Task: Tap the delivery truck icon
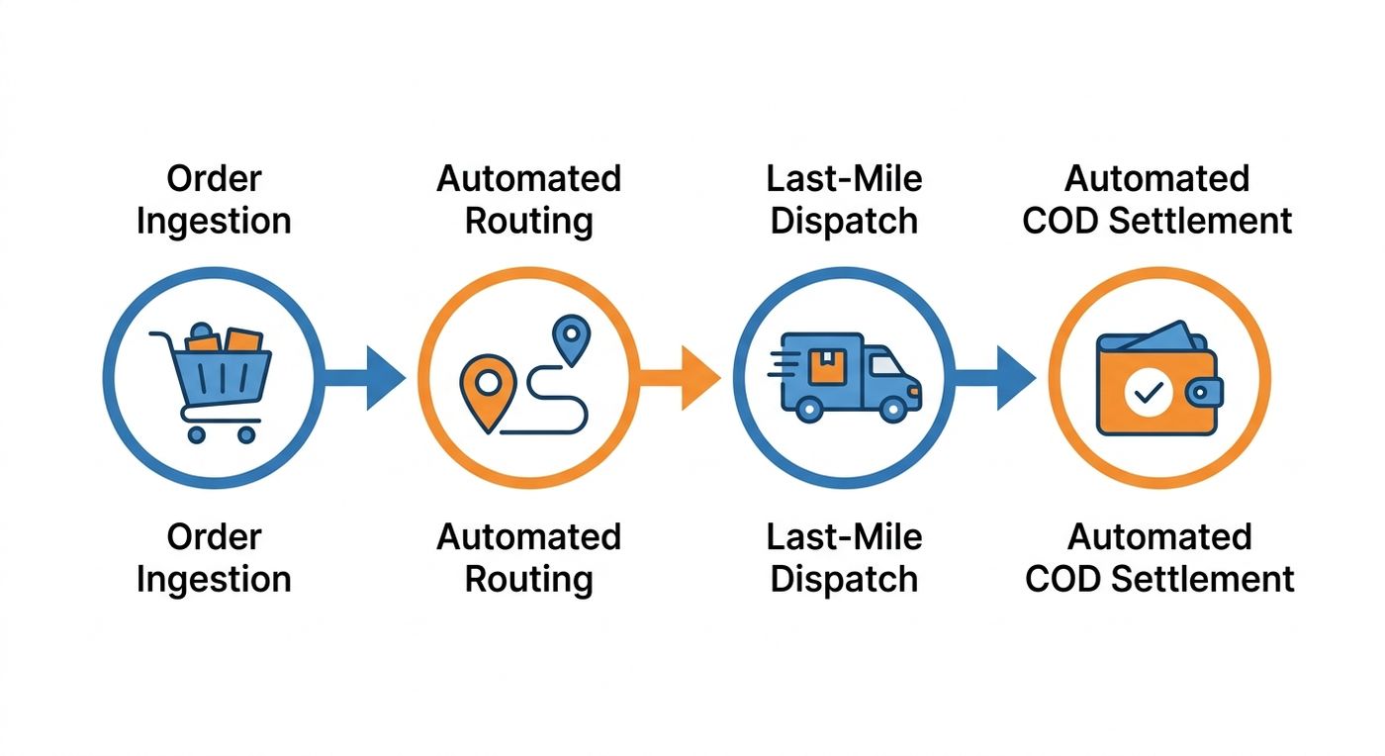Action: point(845,377)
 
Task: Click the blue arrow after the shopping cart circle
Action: point(364,378)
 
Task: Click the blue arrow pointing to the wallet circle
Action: point(995,378)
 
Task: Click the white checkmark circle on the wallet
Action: point(1149,392)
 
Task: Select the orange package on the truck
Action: point(827,365)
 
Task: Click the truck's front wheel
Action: point(892,410)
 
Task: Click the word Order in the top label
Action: point(214,179)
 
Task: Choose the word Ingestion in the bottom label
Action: point(214,580)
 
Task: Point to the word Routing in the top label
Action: point(528,222)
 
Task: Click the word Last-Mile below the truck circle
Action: point(844,536)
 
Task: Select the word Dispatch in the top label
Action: point(844,222)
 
